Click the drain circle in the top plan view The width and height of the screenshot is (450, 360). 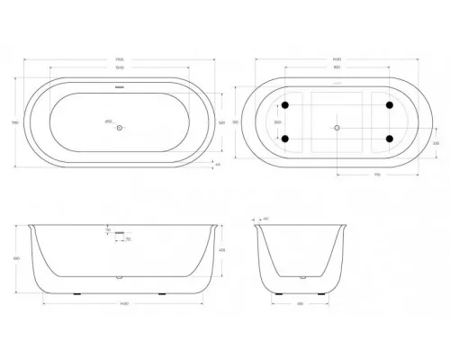tap(120, 127)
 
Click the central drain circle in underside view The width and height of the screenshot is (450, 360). tap(337, 127)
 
